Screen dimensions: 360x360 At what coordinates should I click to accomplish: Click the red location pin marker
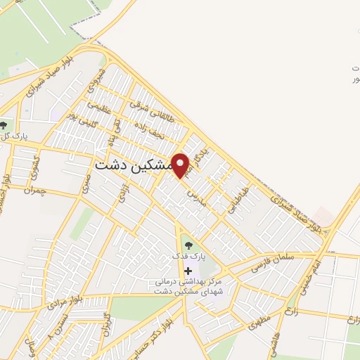click(181, 165)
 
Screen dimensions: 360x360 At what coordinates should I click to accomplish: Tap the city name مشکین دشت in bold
click(131, 165)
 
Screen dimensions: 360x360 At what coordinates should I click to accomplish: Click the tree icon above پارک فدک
click(187, 245)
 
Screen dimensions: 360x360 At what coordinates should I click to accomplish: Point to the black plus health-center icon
click(188, 271)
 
